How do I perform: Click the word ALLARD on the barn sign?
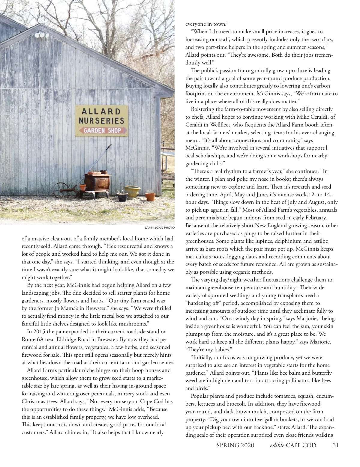pyautogui.click(x=101, y=112)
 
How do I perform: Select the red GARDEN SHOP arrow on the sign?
pyautogui.click(x=102, y=131)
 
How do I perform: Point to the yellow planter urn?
pyautogui.click(x=132, y=192)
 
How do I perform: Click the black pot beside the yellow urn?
pyautogui.click(x=122, y=197)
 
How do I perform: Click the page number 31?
pyautogui.click(x=336, y=445)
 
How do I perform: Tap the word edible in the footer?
pyautogui.click(x=277, y=445)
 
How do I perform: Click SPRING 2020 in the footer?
pyautogui.click(x=235, y=445)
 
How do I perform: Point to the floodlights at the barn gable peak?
pyautogui.click(x=42, y=35)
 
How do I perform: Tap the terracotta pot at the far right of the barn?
pyautogui.click(x=150, y=197)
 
